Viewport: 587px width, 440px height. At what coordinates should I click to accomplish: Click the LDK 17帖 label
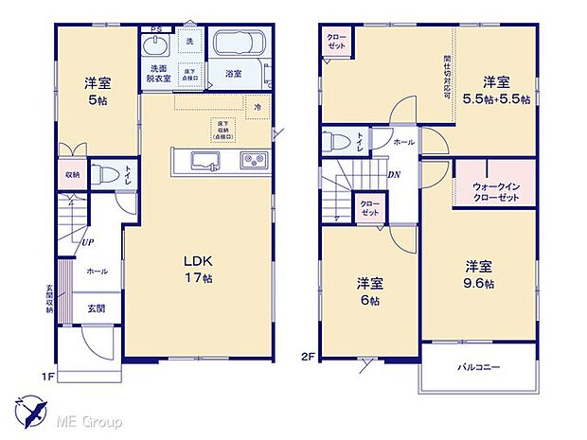(195, 270)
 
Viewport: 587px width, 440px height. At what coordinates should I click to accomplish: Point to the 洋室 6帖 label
(370, 291)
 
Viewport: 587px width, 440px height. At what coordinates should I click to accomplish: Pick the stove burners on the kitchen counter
(253, 159)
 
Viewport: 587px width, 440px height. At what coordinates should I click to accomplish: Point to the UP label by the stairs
(87, 242)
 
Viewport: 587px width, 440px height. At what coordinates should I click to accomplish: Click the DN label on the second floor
(394, 175)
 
